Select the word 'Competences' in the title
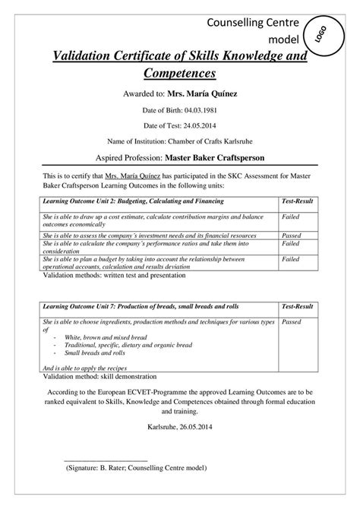pos(180,74)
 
